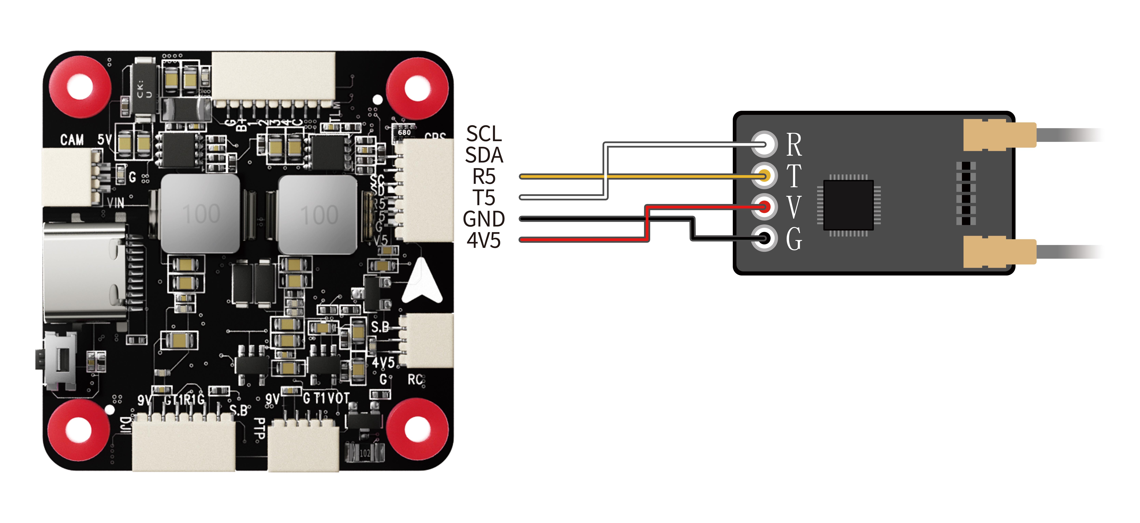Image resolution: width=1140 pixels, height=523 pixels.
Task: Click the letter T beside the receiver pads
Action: (x=794, y=176)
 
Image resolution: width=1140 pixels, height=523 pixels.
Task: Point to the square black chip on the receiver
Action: (x=848, y=205)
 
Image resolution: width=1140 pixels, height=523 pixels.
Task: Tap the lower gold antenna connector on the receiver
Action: (x=999, y=252)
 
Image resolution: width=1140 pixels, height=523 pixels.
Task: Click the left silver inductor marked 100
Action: (x=200, y=214)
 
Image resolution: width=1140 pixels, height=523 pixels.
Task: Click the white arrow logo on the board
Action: (x=423, y=283)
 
